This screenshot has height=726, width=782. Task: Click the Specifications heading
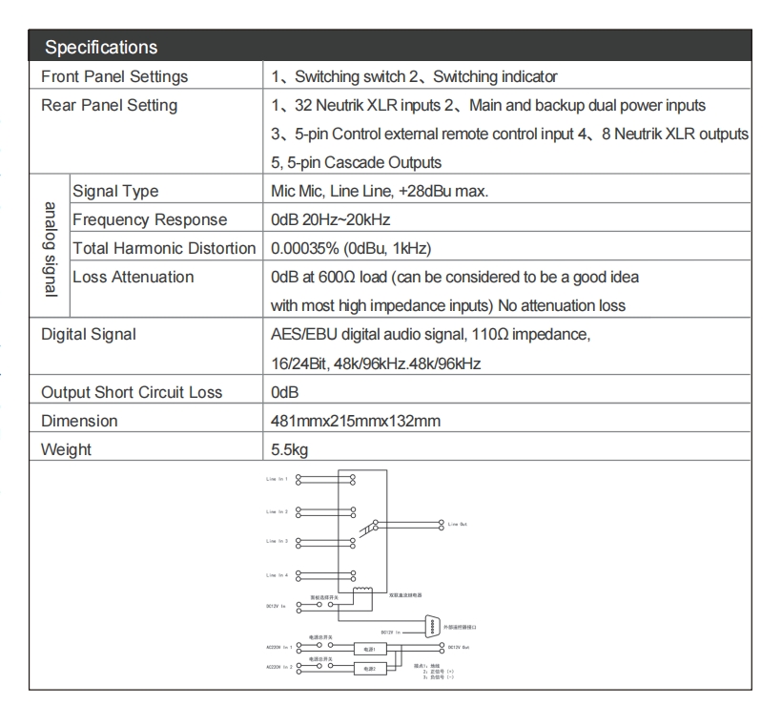[x=102, y=46]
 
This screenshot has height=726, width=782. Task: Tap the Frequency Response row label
[x=150, y=219]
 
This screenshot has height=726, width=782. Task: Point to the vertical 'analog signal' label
[x=50, y=249]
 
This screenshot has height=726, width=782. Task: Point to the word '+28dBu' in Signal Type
[x=449, y=191]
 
